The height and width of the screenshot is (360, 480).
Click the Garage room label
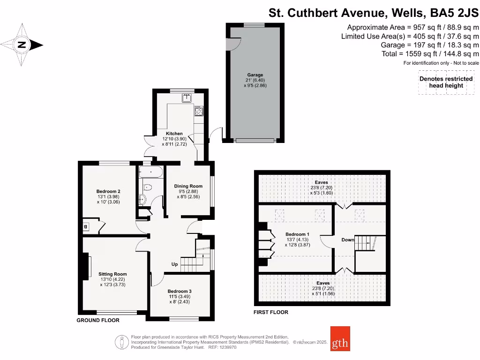click(x=255, y=75)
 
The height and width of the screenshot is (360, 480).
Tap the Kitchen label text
click(x=174, y=134)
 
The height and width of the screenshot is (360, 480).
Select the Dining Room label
click(x=188, y=173)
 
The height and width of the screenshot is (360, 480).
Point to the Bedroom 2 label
click(x=108, y=191)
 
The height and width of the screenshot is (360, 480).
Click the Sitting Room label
click(x=112, y=274)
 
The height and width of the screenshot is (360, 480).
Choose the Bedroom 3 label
click(x=180, y=291)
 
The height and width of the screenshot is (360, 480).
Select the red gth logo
click(x=340, y=338)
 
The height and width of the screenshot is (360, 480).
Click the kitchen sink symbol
click(x=187, y=97)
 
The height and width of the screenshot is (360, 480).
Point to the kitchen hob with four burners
click(x=198, y=112)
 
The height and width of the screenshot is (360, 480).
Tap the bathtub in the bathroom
click(x=151, y=172)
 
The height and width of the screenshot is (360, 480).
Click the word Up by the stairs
click(x=174, y=264)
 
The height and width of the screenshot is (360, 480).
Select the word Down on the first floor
click(x=348, y=240)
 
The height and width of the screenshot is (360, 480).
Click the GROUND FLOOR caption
click(x=98, y=321)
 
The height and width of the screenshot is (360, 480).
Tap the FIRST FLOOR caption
click(x=271, y=312)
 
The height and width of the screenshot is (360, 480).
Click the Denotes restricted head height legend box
click(x=446, y=82)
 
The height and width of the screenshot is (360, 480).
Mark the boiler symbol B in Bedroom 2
click(x=86, y=227)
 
